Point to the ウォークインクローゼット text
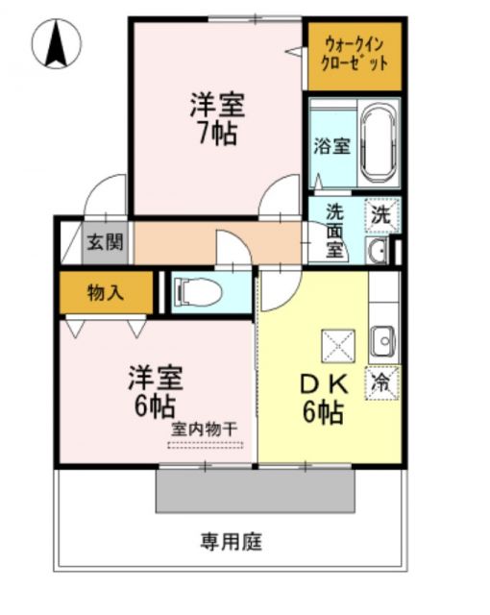[355, 54]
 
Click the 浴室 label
[332, 147]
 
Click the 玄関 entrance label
[105, 241]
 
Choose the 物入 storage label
[106, 292]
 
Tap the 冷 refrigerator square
[381, 381]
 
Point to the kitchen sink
[382, 339]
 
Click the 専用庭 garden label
[231, 541]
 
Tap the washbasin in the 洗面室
[377, 252]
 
